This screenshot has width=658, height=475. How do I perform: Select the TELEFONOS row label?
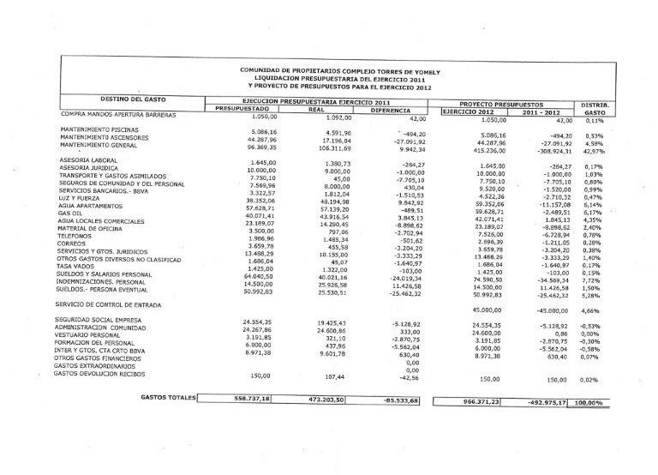coord(77,234)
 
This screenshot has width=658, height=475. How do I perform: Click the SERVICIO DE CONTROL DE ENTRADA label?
coord(109,305)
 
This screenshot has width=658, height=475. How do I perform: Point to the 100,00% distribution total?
coord(588,401)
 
